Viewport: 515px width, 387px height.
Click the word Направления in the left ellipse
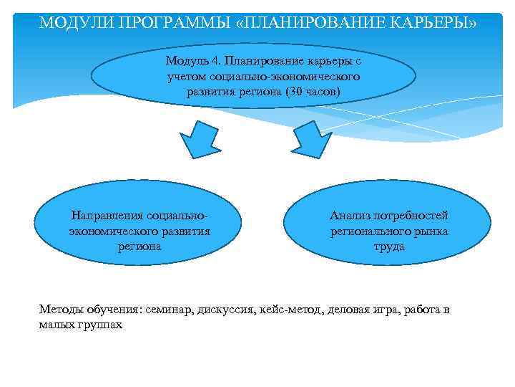pyautogui.click(x=105, y=216)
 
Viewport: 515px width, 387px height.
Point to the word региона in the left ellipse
pyautogui.click(x=139, y=247)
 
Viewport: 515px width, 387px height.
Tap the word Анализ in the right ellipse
pyautogui.click(x=347, y=216)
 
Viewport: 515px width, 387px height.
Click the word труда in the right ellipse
pyautogui.click(x=389, y=247)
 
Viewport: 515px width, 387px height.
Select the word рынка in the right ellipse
pyautogui.click(x=434, y=231)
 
